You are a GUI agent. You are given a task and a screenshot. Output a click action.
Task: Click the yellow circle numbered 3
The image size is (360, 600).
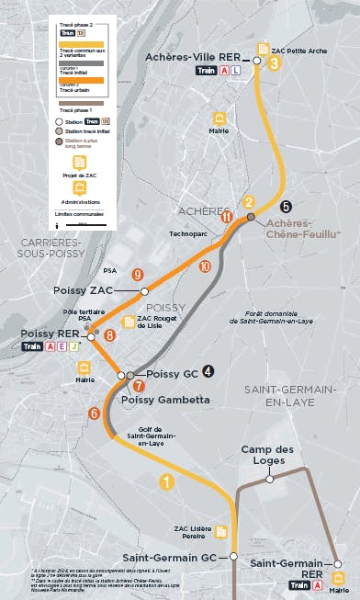pos(274,63)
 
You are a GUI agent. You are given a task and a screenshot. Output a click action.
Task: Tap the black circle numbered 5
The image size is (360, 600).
pos(286,207)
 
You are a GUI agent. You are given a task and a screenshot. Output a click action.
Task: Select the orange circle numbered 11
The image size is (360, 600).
pos(226,216)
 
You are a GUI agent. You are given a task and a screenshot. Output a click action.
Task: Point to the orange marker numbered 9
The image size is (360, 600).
pos(138,274)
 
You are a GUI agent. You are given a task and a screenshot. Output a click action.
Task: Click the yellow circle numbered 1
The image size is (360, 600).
pos(166,481)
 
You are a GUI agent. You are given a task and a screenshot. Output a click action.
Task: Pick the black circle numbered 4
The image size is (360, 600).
pos(208,371)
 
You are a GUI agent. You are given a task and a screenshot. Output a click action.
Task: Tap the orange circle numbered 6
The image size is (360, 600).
pos(94,413)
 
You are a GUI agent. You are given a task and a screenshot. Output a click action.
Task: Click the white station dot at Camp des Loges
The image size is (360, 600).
pos(270,479)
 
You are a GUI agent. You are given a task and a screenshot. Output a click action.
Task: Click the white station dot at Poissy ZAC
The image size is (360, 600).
pos(144,291)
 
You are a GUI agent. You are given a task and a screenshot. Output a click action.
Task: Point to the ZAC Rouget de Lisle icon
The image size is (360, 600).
pos(129,322)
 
